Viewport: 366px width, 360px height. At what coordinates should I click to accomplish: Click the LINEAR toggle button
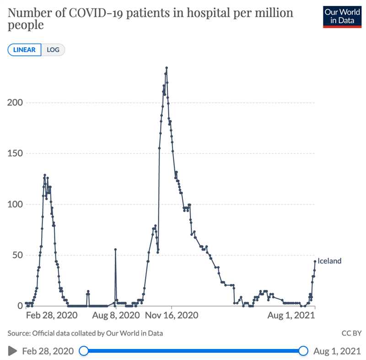click(x=24, y=49)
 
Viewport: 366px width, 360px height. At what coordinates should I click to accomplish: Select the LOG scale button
click(x=53, y=49)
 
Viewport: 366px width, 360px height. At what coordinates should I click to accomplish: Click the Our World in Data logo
click(x=342, y=17)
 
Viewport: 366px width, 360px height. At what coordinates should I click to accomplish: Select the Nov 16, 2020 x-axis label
click(x=172, y=316)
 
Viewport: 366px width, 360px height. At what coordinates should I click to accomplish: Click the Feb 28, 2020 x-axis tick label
click(x=49, y=316)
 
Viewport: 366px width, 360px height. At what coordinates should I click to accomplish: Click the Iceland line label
click(x=329, y=261)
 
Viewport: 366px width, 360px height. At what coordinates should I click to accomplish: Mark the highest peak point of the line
click(x=167, y=68)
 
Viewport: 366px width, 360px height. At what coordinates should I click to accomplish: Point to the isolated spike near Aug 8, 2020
click(x=115, y=250)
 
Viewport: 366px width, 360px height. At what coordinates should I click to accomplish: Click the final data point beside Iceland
click(x=315, y=262)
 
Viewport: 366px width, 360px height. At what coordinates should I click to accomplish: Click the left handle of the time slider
click(x=83, y=351)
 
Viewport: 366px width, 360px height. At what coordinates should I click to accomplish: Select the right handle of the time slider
click(x=303, y=351)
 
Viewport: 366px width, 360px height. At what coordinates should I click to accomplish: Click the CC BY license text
click(x=351, y=333)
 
